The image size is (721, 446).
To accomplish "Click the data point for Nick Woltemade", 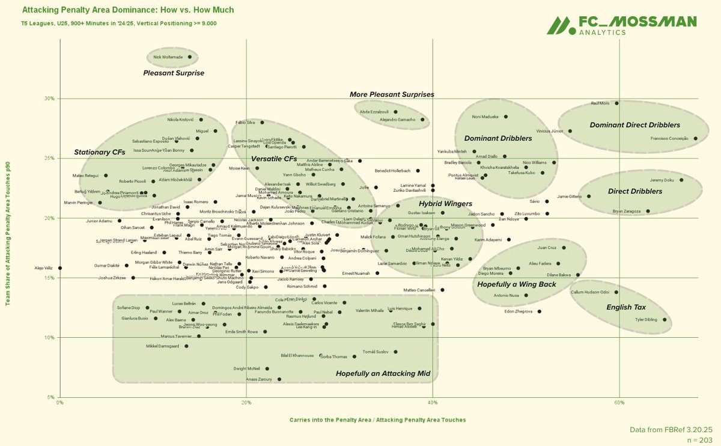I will (x=190, y=57).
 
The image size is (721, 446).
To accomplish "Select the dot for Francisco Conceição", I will (x=696, y=138).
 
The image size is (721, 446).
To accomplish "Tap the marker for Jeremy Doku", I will (x=681, y=180).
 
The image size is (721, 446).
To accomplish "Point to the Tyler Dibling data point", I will (x=665, y=320).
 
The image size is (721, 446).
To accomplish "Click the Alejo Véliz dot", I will (x=60, y=268).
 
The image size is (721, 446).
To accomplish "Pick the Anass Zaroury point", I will (x=279, y=379).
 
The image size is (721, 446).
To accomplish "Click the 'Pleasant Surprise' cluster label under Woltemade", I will (x=174, y=73).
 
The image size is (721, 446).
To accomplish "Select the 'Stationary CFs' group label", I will (x=100, y=153).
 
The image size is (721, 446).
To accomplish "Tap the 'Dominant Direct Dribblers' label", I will (x=635, y=125).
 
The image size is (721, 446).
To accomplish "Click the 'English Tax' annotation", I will (x=627, y=308).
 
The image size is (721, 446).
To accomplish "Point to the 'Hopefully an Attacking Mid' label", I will (x=383, y=374).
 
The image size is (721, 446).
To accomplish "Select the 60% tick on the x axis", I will (x=619, y=402).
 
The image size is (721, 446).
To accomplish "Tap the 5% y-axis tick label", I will (x=52, y=397).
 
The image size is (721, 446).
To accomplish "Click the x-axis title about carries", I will (x=377, y=420).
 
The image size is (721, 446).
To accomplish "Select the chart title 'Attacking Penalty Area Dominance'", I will (x=128, y=10).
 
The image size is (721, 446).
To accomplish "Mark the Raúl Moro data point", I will (x=616, y=103).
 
